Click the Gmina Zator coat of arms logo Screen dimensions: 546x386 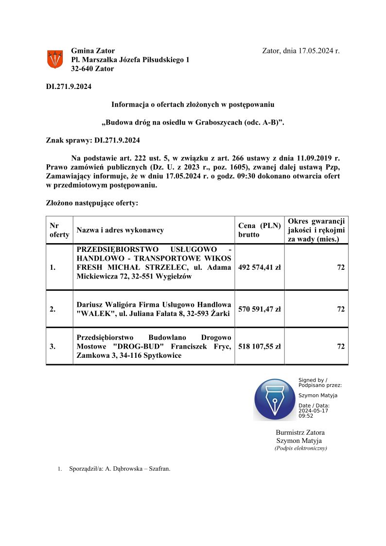[54, 59]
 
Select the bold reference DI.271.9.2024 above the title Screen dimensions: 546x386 [69, 87]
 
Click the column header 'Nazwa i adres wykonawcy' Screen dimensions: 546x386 [120, 230]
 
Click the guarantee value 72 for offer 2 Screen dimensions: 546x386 [341, 309]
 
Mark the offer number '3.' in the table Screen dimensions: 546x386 [53, 346]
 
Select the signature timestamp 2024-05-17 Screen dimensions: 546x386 [313, 411]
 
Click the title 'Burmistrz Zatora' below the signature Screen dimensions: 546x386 [300, 432]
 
